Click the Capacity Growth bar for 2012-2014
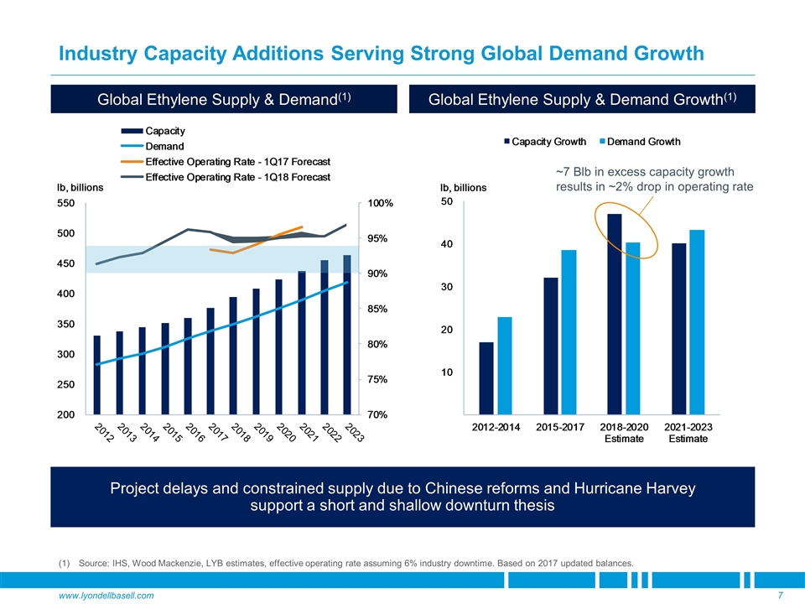(x=486, y=378)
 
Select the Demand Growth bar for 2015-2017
(x=569, y=332)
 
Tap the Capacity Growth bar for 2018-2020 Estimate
(x=615, y=315)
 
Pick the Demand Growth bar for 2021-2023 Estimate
(x=696, y=322)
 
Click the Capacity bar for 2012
(x=97, y=375)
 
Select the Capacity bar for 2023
(x=347, y=335)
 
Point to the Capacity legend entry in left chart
(x=165, y=131)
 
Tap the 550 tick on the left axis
(x=65, y=203)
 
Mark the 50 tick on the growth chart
(x=447, y=202)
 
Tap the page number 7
(x=780, y=595)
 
